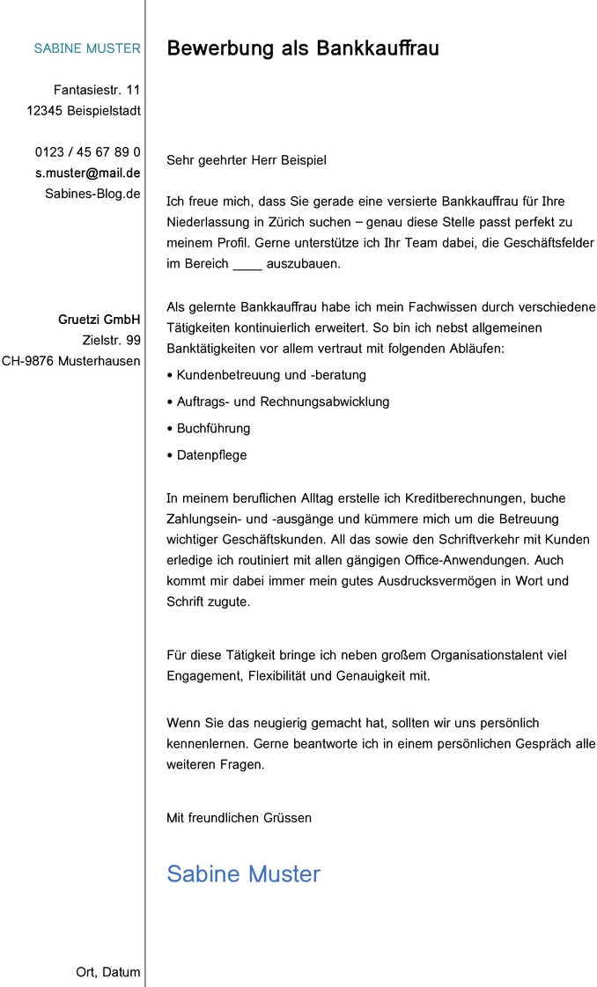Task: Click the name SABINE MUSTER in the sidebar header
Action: coord(86,48)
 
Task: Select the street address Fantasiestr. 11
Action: coord(97,90)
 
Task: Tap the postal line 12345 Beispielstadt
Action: coord(84,111)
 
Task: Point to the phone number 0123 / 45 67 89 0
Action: coord(88,152)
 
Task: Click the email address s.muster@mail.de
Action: coord(88,173)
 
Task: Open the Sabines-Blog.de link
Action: coord(92,193)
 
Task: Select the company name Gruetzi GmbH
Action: coord(99,320)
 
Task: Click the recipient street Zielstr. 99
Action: coord(111,340)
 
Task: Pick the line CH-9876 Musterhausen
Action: coord(71,361)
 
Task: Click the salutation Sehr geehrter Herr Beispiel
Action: coord(247,160)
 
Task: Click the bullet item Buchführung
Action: coord(213,429)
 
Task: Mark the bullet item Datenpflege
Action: coord(211,455)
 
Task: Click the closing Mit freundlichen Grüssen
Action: coord(239,818)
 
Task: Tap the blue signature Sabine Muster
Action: coord(243,873)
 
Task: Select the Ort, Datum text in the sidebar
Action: coord(108,972)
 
